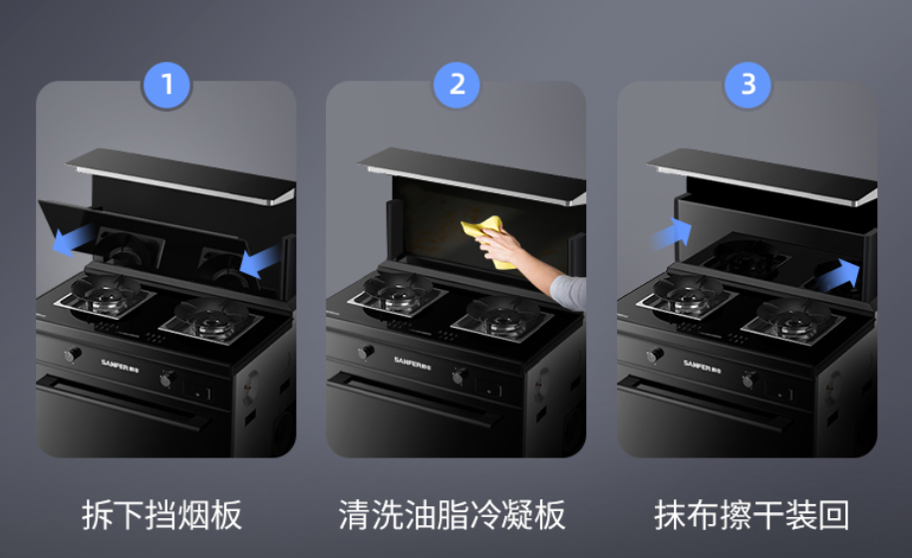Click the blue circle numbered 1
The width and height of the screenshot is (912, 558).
pyautogui.click(x=166, y=85)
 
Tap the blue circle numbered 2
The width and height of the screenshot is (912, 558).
pyautogui.click(x=456, y=85)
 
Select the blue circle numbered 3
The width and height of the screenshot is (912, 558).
pyautogui.click(x=747, y=85)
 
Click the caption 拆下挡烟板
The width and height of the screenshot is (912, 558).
pyautogui.click(x=161, y=515)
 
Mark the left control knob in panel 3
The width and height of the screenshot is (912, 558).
pyautogui.click(x=654, y=355)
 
